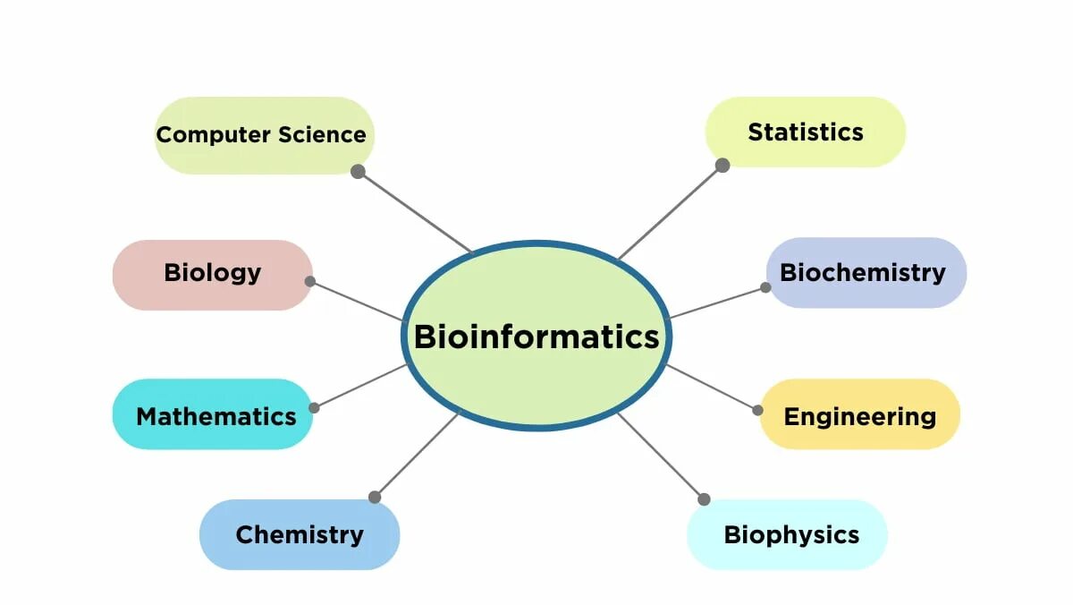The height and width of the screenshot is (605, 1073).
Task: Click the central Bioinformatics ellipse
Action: click(x=536, y=336)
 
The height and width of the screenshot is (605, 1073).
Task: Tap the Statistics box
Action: click(x=805, y=132)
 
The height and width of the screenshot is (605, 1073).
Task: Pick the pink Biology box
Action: click(x=212, y=274)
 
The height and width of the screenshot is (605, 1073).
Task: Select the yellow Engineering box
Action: click(x=859, y=414)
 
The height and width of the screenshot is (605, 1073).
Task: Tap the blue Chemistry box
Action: click(x=299, y=534)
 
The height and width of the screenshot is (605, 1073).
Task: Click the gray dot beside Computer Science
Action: click(x=358, y=171)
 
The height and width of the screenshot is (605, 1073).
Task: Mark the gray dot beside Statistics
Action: click(x=722, y=165)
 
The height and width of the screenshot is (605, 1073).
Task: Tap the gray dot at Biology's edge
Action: click(x=310, y=281)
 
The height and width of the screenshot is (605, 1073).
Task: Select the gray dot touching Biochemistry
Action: click(x=766, y=287)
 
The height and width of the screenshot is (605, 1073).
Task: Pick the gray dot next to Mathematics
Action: click(x=314, y=407)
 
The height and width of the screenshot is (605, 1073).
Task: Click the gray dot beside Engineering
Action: click(x=758, y=410)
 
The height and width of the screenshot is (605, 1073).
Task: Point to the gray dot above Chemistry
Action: click(x=375, y=497)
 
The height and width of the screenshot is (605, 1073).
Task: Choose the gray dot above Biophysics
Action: click(x=704, y=498)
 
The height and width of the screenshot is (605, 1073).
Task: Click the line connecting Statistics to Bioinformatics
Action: click(x=671, y=211)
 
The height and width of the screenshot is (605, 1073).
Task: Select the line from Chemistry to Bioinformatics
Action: click(x=417, y=455)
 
